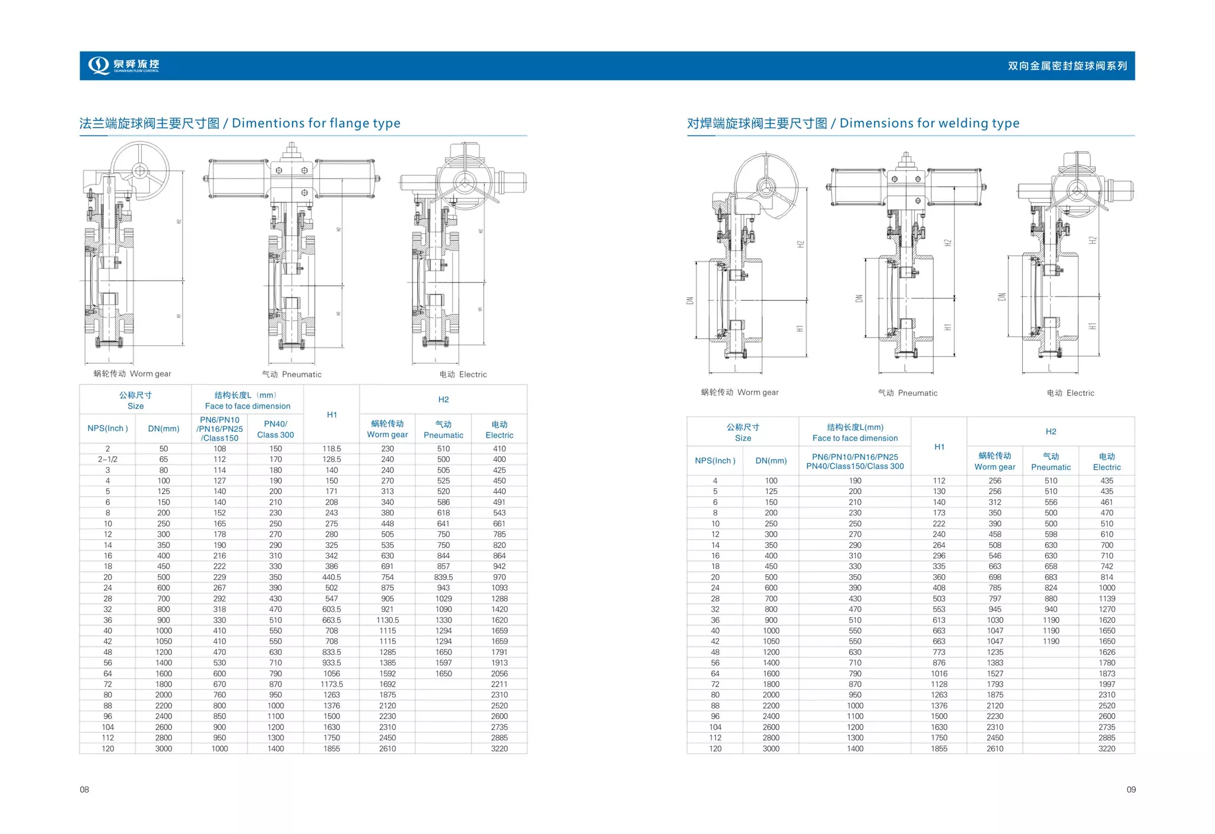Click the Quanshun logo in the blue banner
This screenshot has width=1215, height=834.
pyautogui.click(x=123, y=65)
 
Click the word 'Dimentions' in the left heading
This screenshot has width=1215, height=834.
pyautogui.click(x=268, y=123)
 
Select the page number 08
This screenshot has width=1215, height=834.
pyautogui.click(x=84, y=789)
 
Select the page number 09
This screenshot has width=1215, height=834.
pyautogui.click(x=1131, y=789)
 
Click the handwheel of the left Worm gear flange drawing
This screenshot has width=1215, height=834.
pyautogui.click(x=140, y=171)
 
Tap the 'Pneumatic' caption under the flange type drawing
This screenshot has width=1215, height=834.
pyautogui.click(x=292, y=374)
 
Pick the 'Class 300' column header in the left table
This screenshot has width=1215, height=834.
pyautogui.click(x=275, y=435)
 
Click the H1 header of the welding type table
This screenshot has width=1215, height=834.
pyautogui.click(x=939, y=447)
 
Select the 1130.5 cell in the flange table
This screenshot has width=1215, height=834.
pyautogui.click(x=387, y=620)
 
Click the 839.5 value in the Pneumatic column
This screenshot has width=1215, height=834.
pyautogui.click(x=443, y=577)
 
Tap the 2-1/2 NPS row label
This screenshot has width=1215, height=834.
pyautogui.click(x=107, y=459)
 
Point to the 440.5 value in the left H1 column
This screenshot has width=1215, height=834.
pyautogui.click(x=331, y=577)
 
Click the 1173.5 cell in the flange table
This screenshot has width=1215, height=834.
pyautogui.click(x=331, y=684)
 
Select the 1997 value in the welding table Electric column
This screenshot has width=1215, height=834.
pyautogui.click(x=1106, y=684)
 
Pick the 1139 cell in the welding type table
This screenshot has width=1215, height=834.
pyautogui.click(x=1106, y=599)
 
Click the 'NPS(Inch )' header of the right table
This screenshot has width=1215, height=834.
pyautogui.click(x=715, y=461)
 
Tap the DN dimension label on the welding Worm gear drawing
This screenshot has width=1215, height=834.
pyautogui.click(x=690, y=300)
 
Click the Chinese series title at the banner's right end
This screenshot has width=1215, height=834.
pyautogui.click(x=1067, y=66)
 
